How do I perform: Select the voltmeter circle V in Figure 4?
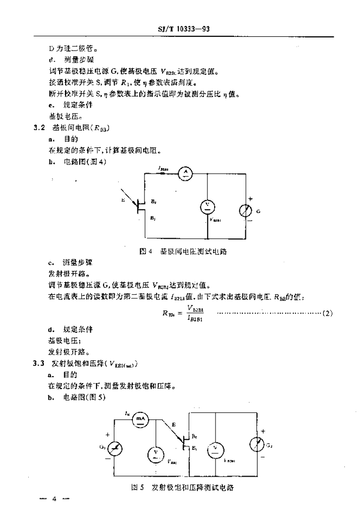point(208,205)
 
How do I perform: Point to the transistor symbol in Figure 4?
point(141,205)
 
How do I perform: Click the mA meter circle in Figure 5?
point(137,419)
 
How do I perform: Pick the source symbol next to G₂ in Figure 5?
point(258,444)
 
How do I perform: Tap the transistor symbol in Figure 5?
point(185,443)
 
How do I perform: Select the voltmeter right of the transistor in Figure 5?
point(216,448)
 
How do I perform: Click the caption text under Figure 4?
point(183,251)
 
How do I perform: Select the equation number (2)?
point(327,314)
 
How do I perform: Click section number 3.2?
point(40,128)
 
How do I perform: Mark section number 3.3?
point(40,364)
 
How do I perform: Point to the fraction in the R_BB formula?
point(195,313)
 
